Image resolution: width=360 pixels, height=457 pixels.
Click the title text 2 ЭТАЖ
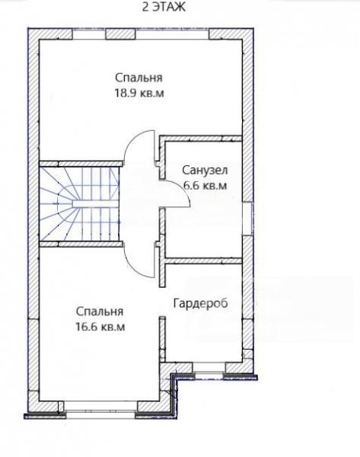click(x=164, y=7)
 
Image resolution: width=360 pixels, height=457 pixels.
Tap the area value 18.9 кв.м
click(x=139, y=93)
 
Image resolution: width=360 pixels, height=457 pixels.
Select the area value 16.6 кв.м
click(x=100, y=327)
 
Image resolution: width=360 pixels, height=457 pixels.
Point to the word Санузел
click(x=205, y=170)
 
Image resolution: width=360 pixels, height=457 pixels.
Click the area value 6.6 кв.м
click(x=205, y=186)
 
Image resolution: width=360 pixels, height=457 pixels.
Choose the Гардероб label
click(x=200, y=304)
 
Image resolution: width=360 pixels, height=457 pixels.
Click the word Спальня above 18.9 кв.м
click(x=139, y=78)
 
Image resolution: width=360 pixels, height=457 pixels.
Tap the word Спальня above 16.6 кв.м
click(x=100, y=312)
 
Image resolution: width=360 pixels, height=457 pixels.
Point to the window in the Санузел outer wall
click(x=247, y=219)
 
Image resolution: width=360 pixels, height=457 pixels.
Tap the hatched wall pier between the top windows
click(x=120, y=34)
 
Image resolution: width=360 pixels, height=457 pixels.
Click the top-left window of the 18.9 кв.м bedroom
click(x=88, y=34)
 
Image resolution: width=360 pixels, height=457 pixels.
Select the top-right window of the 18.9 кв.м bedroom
click(x=173, y=34)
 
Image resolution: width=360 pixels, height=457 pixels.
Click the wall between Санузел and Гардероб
click(x=203, y=260)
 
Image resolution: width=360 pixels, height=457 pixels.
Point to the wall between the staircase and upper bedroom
click(x=81, y=164)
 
